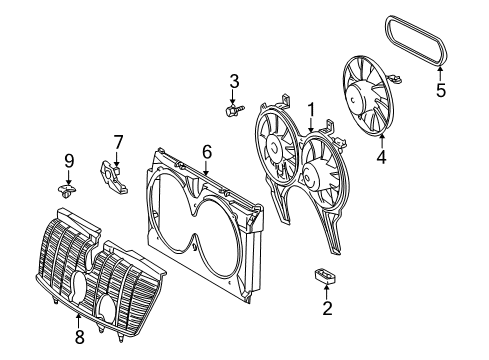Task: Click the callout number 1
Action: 311,110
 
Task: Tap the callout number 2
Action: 327,308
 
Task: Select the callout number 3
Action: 234,82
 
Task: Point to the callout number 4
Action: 381,157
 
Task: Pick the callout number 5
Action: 441,90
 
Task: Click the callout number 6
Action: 207,152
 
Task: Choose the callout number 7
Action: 118,142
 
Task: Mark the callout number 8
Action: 79,337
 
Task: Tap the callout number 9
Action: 69,162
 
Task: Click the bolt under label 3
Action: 235,110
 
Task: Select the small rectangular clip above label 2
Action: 325,275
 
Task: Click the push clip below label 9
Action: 67,191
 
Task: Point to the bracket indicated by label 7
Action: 113,177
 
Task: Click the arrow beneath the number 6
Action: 207,168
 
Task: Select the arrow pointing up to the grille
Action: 79,321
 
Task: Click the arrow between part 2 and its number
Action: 327,290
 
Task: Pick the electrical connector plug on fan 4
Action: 396,79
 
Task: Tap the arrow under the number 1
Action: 311,126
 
